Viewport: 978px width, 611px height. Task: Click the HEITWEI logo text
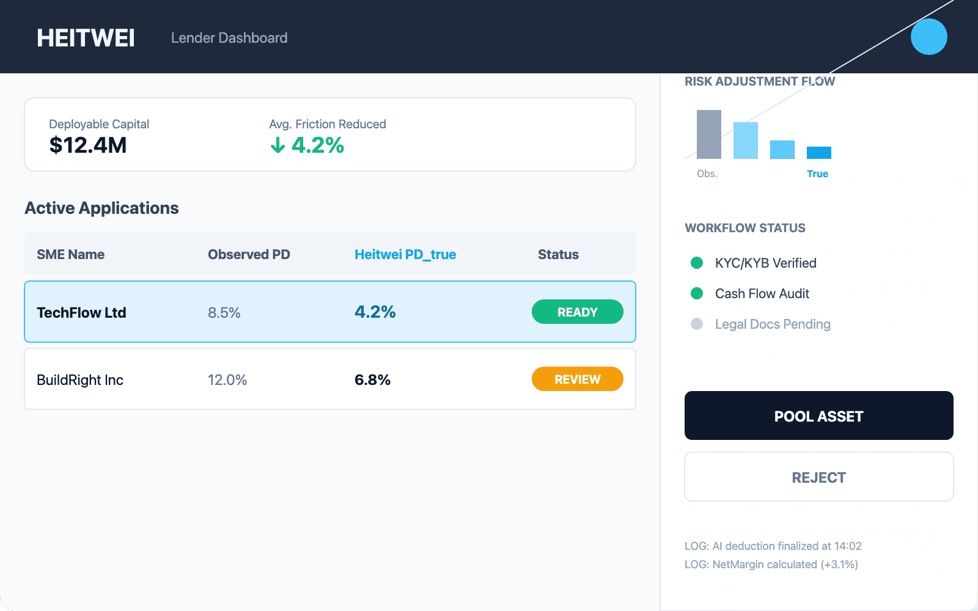tap(86, 38)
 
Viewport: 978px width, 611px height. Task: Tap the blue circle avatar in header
tap(928, 37)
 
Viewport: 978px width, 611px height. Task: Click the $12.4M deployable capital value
tap(88, 145)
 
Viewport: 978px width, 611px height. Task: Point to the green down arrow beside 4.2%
tap(278, 145)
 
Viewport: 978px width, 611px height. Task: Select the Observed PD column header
tap(249, 254)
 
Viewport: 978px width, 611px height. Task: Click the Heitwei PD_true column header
tap(405, 254)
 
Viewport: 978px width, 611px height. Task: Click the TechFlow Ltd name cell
tap(81, 312)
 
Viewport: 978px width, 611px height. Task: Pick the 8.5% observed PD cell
tap(224, 312)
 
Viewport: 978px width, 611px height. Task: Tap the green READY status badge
tap(577, 312)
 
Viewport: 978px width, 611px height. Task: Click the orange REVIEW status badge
tap(577, 379)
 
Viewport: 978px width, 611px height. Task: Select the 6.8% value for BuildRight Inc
tap(372, 379)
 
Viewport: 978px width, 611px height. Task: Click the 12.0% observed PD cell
tap(227, 379)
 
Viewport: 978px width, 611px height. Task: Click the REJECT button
tap(818, 477)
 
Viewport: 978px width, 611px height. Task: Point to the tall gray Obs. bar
tap(709, 134)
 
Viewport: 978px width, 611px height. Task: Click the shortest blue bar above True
tap(819, 153)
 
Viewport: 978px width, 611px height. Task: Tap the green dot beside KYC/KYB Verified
tap(697, 263)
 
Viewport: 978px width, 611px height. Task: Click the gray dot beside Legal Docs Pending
tap(697, 324)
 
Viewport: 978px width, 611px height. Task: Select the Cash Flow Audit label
tap(762, 293)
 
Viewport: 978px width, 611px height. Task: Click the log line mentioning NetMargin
tap(771, 564)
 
